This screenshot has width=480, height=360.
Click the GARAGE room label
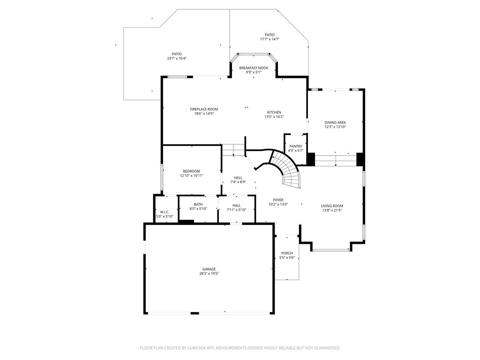pyautogui.click(x=209, y=269)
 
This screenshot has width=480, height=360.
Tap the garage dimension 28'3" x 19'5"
pyautogui.click(x=209, y=274)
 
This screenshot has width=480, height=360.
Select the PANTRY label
pyautogui.click(x=296, y=146)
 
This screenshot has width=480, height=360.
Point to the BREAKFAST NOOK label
pyautogui.click(x=254, y=68)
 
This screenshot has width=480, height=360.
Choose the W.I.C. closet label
pyautogui.click(x=165, y=212)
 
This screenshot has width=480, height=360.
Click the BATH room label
pyautogui.click(x=199, y=204)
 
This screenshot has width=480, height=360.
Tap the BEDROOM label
pyautogui.click(x=191, y=171)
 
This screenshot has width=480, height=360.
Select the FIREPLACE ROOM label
pyautogui.click(x=204, y=109)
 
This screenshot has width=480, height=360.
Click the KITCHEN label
pyautogui.click(x=274, y=112)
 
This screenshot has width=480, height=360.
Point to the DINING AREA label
pyautogui.click(x=335, y=122)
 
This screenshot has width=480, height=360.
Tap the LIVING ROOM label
pyautogui.click(x=332, y=206)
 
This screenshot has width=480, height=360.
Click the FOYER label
pyautogui.click(x=278, y=200)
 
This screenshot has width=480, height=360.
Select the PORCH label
pyautogui.click(x=287, y=253)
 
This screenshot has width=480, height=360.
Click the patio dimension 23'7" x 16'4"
pyautogui.click(x=177, y=59)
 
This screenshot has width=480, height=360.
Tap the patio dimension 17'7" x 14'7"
pyautogui.click(x=270, y=39)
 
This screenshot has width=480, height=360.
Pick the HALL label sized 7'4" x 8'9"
pyautogui.click(x=238, y=178)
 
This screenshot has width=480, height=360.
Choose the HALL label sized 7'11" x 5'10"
pyautogui.click(x=237, y=205)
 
